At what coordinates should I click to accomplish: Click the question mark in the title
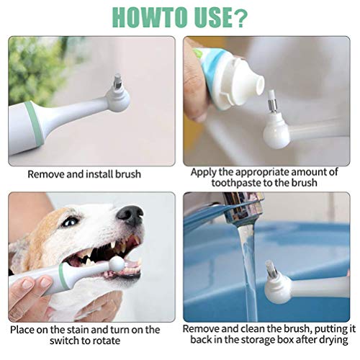tap(239, 17)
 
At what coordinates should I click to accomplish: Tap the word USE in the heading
tap(204, 17)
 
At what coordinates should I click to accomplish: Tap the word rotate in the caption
tap(106, 341)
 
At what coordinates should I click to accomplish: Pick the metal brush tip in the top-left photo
tap(118, 81)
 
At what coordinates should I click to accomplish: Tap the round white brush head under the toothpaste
tap(276, 135)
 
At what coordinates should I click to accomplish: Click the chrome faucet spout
tap(243, 207)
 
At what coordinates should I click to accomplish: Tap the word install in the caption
tap(99, 174)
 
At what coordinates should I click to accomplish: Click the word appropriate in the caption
tap(263, 173)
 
